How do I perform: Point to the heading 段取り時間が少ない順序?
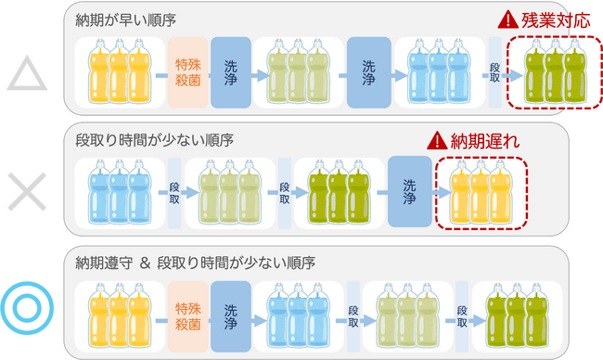pyautogui.click(x=153, y=139)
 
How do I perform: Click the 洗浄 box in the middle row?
pyautogui.click(x=410, y=190)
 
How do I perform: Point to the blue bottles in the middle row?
pyautogui.click(x=117, y=193)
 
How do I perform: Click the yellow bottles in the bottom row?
pyautogui.click(x=117, y=312)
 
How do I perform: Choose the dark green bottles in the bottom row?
pyautogui.click(x=515, y=312)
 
